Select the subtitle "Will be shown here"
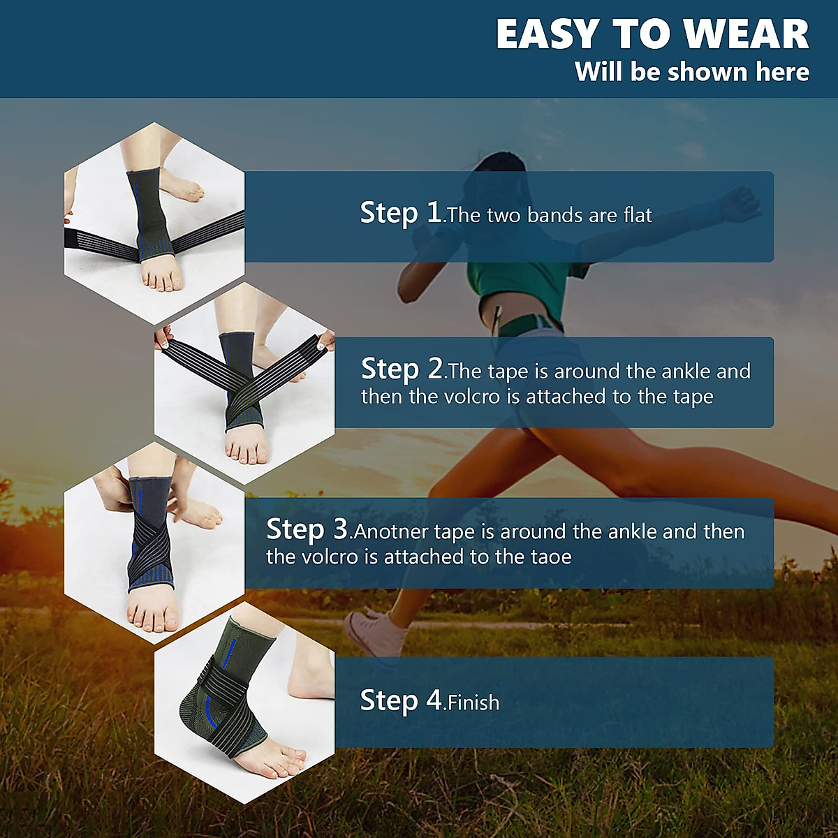[691, 72]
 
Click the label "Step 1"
[400, 212]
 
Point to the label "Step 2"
[402, 368]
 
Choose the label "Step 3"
[307, 529]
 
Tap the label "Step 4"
[401, 700]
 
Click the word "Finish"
[474, 703]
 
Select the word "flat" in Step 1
[638, 215]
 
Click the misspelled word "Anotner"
[391, 532]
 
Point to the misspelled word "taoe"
[553, 557]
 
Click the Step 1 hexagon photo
[154, 223]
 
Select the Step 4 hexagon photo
[244, 702]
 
